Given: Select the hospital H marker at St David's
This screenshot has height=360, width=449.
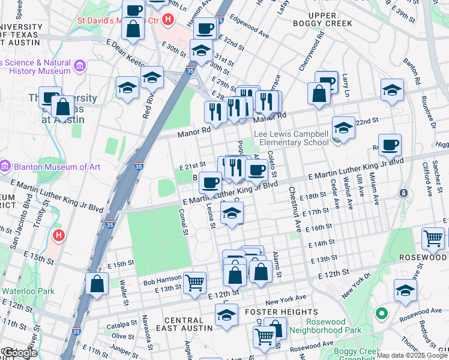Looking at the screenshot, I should (x=168, y=19).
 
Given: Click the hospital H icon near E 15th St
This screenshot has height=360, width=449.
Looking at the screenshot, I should (x=58, y=235).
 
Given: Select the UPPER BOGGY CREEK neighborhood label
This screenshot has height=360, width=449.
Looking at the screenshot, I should (x=322, y=19).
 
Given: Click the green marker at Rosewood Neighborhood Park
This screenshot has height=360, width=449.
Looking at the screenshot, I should (x=380, y=313).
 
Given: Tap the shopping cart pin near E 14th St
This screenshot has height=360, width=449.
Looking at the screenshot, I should (x=432, y=238).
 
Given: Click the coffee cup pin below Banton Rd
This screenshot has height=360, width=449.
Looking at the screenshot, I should (x=390, y=144).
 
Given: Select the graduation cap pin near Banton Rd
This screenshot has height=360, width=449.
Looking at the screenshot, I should (x=392, y=90).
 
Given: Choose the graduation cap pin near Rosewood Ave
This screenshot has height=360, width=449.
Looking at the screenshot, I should (x=405, y=290).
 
